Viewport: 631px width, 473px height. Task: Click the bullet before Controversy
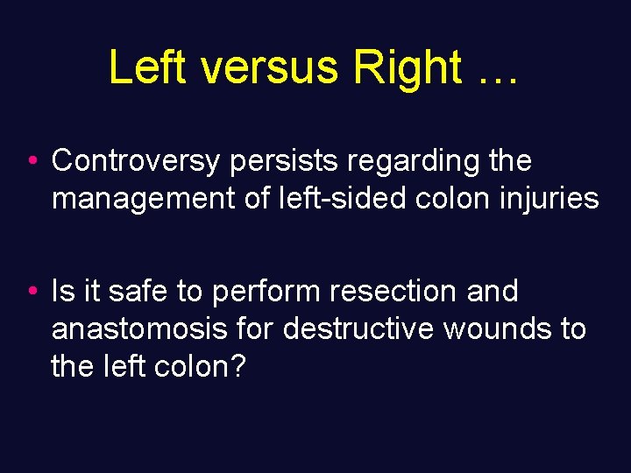point(32,161)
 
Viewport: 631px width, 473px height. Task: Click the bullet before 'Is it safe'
point(32,292)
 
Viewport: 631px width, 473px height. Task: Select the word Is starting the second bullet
point(63,291)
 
